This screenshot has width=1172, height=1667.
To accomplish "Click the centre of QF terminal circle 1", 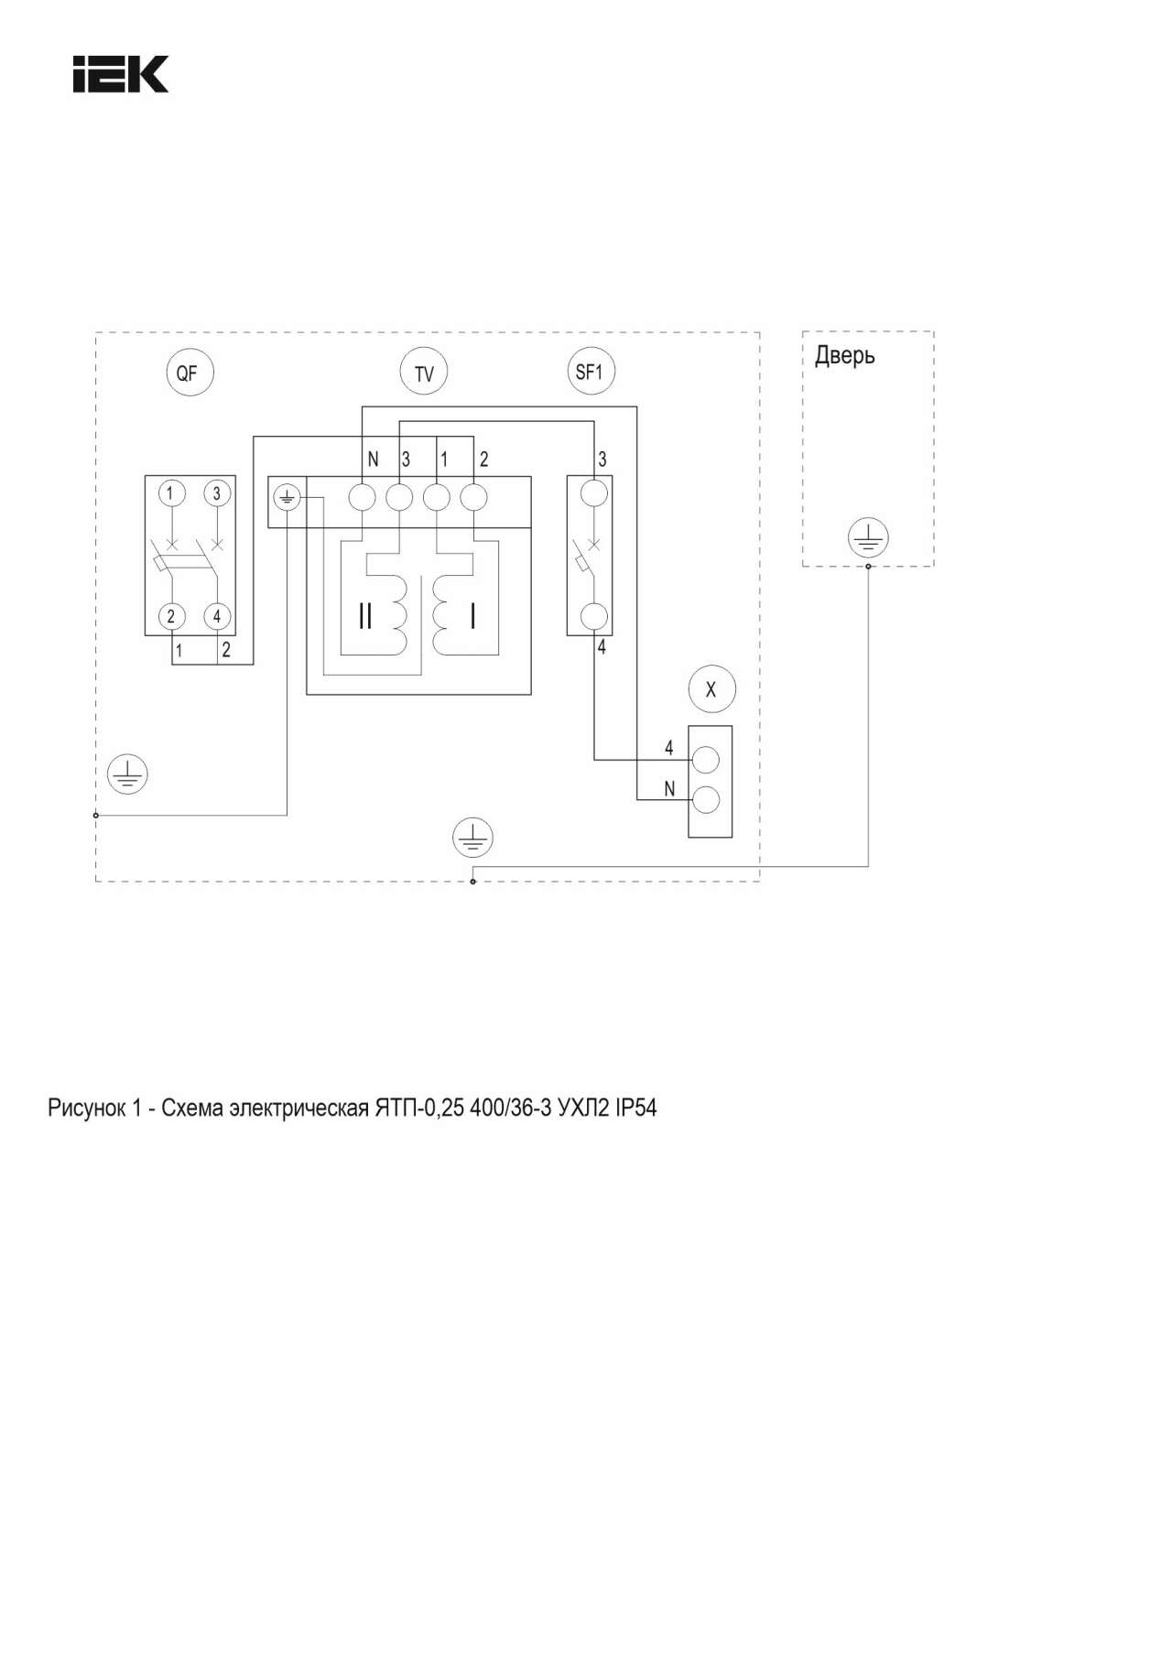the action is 170,493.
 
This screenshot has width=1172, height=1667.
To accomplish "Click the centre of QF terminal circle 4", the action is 217,616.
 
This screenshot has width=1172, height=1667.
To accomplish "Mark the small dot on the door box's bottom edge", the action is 868,566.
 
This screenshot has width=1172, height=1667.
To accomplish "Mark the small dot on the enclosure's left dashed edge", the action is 96,815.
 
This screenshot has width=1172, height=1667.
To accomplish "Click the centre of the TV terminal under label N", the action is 363,497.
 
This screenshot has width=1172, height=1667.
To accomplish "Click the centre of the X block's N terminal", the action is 706,800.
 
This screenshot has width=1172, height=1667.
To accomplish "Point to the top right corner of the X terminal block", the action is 732,726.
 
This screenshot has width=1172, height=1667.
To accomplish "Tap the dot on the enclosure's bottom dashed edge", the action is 472,882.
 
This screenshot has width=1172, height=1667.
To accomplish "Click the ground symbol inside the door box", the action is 868,538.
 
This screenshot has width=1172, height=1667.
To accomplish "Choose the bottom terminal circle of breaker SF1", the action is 595,616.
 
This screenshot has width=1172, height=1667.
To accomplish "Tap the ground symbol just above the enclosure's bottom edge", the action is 472,838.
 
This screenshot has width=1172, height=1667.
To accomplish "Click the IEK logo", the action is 121,74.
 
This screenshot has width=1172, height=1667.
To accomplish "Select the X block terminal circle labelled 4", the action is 706,759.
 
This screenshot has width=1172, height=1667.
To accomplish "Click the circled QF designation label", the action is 188,373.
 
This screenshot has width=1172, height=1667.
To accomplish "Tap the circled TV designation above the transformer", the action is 424,373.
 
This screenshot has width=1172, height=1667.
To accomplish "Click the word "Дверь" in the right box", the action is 845,355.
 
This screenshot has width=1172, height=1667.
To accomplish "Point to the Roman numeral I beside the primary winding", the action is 472,615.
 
